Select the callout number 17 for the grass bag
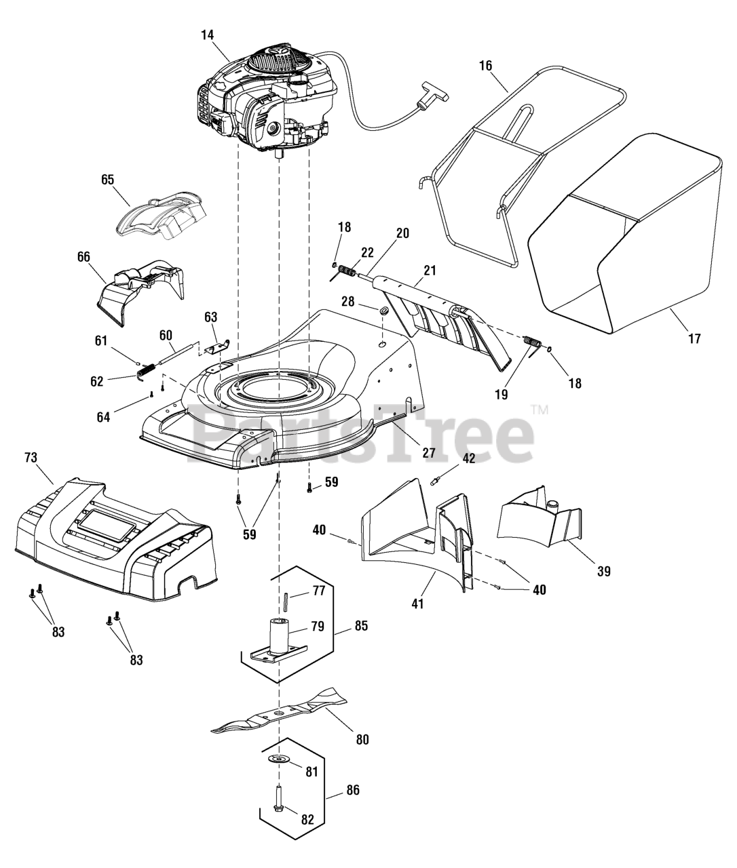694,338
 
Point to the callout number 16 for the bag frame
485,66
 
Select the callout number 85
360,626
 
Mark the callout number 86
352,790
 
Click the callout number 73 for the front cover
31,458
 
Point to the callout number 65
107,180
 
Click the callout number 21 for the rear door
430,271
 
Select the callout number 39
603,571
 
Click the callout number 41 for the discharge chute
417,603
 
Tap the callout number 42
469,458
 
